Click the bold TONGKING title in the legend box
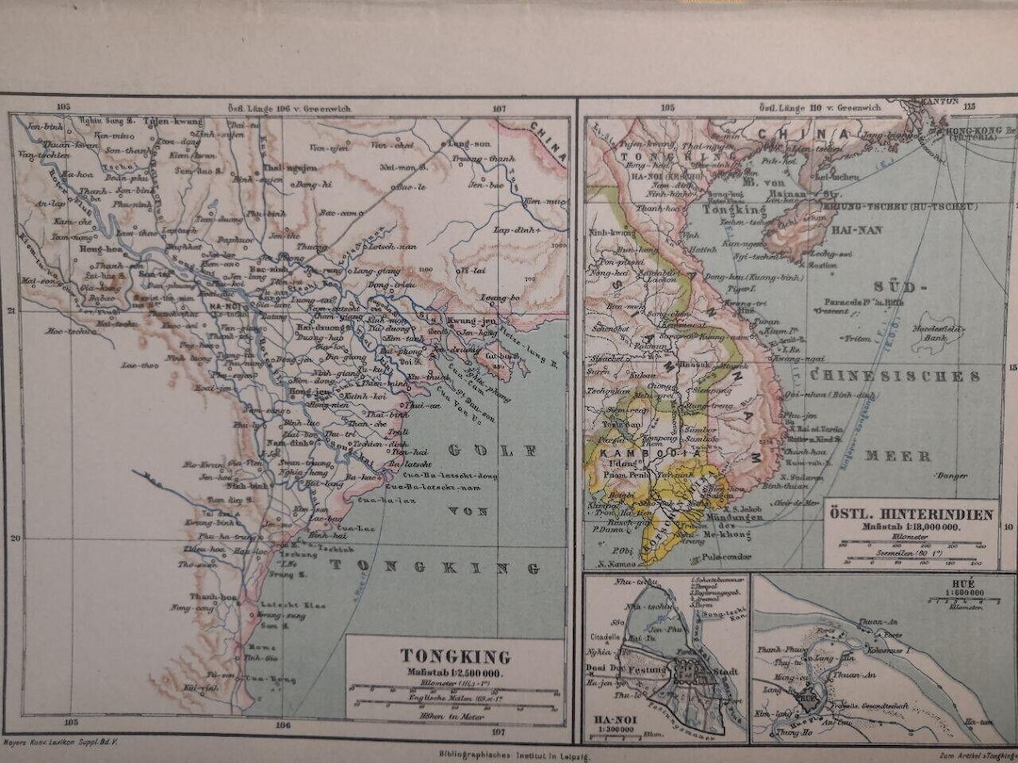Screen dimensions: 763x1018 [x=455, y=656]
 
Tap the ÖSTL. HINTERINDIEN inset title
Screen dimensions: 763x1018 [x=911, y=514]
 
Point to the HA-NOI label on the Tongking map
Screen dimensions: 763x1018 [x=227, y=305]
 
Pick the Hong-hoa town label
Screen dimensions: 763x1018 [x=98, y=252]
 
